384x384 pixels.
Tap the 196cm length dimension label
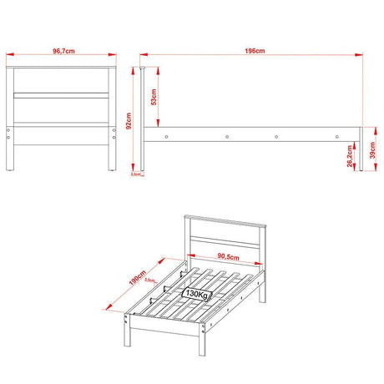pyautogui.click(x=255, y=51)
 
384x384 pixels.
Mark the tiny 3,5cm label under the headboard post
pyautogui.click(x=135, y=175)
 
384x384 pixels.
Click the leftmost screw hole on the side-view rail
pyautogui.click(x=167, y=136)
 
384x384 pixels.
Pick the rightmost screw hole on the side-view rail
pyautogui.click(x=335, y=136)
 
